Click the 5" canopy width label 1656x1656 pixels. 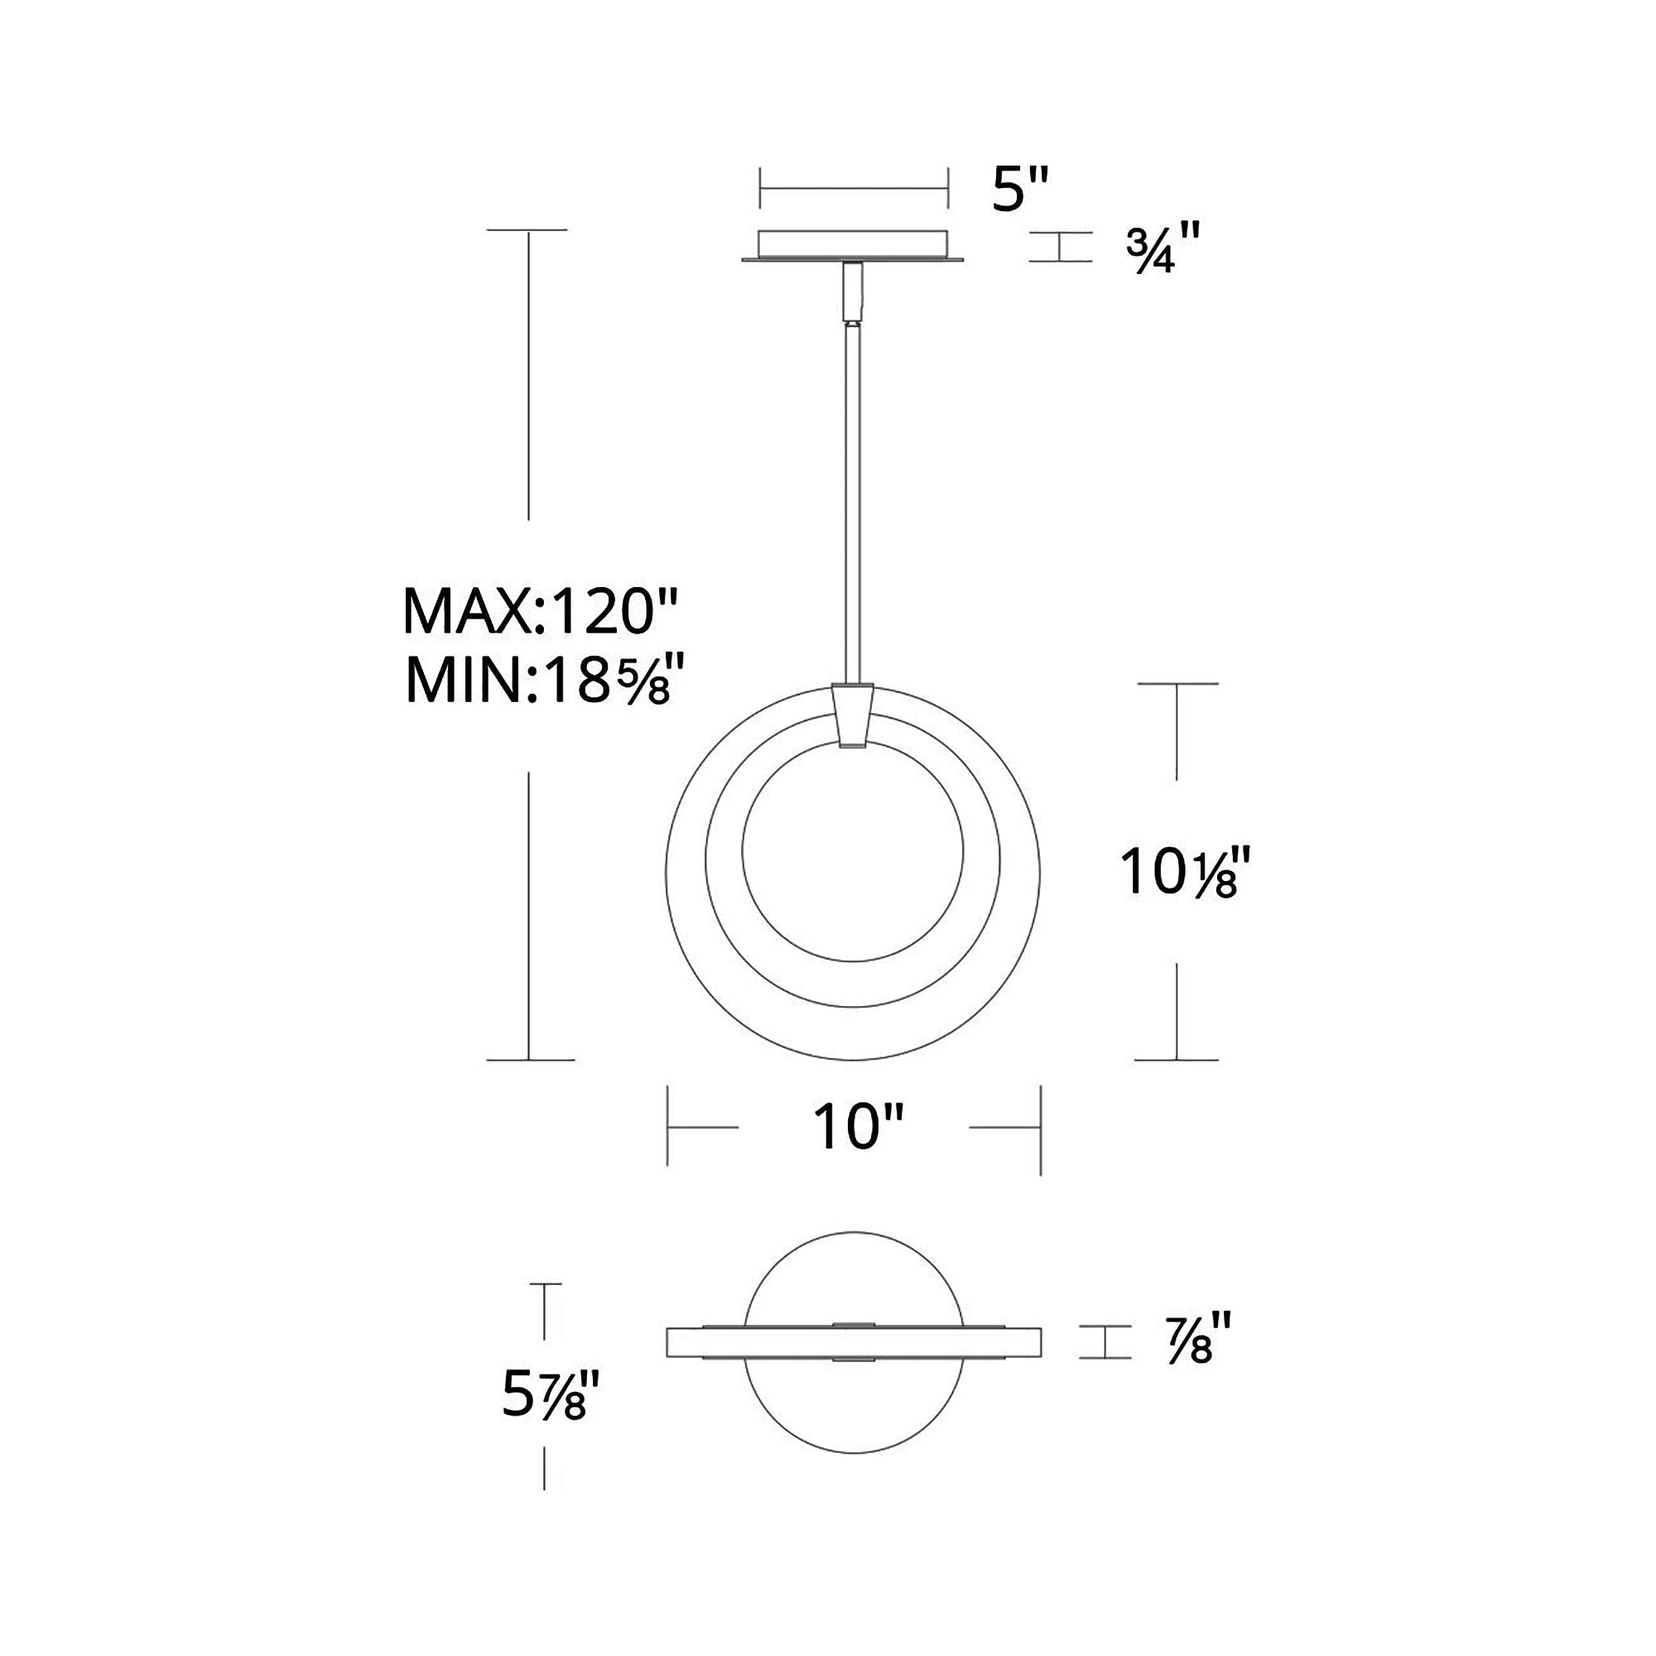(1020, 190)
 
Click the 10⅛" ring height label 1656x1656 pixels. (1178, 872)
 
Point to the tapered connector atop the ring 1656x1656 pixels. (853, 715)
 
